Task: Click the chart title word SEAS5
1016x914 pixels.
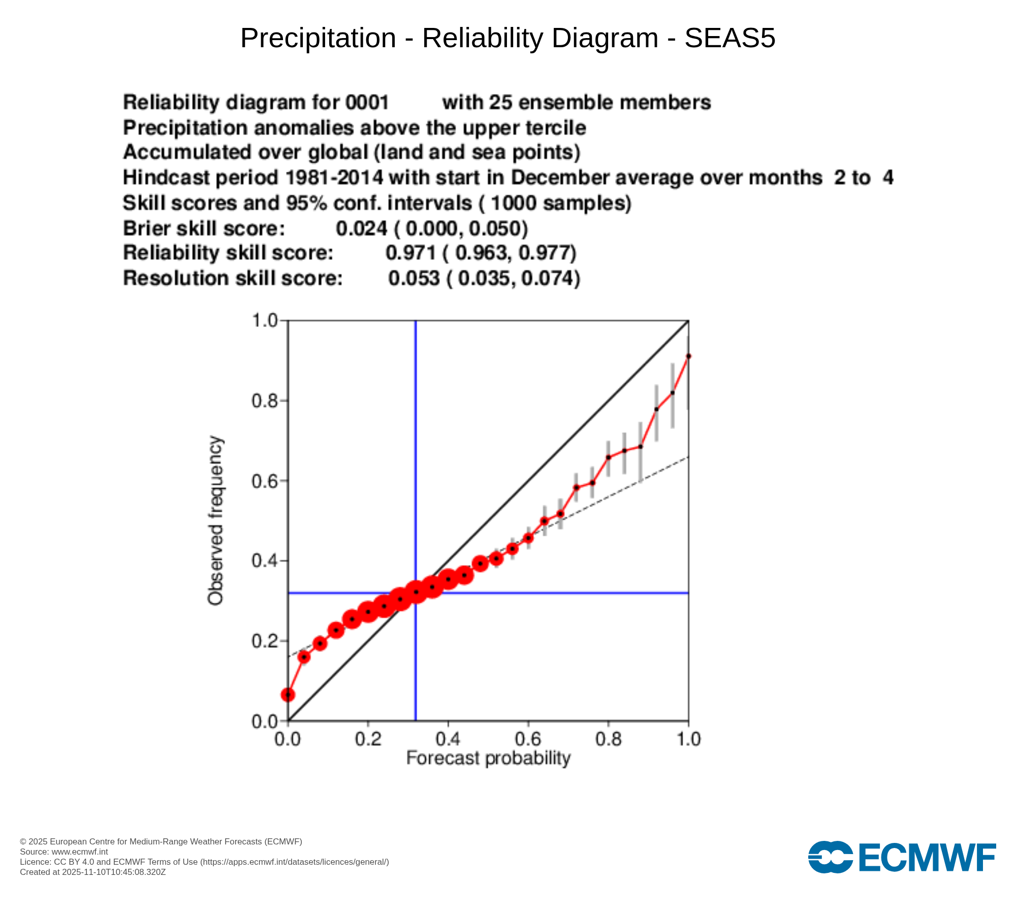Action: click(729, 38)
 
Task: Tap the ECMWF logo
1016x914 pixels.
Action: click(902, 857)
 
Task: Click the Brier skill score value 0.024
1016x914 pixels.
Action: click(362, 228)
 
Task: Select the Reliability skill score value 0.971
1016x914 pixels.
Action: click(411, 253)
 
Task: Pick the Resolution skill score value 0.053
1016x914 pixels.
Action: click(414, 278)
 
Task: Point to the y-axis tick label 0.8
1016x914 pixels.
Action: click(265, 401)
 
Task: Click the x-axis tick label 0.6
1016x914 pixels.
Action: click(528, 739)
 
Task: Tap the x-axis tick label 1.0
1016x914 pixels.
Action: click(688, 739)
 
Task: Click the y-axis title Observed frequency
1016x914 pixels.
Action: click(215, 520)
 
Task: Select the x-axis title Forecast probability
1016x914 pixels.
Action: click(488, 758)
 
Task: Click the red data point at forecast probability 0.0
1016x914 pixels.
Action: click(288, 695)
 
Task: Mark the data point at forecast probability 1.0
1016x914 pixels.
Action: click(688, 356)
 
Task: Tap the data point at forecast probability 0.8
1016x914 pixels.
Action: click(608, 458)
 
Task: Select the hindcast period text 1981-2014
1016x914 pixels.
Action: click(334, 178)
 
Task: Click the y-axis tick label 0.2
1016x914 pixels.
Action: click(265, 641)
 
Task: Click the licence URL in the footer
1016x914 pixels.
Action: click(295, 862)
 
